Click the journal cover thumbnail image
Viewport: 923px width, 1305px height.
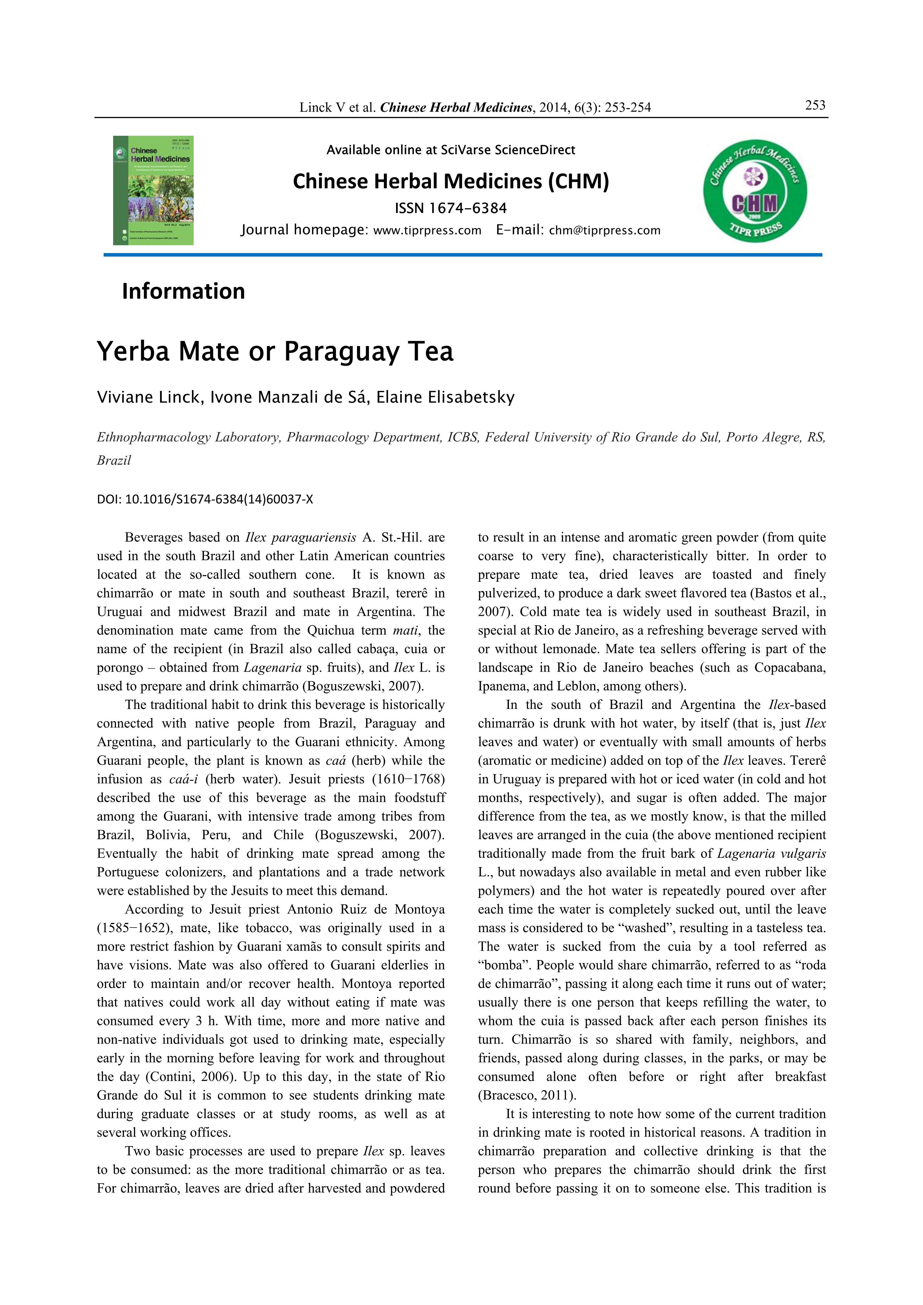click(154, 190)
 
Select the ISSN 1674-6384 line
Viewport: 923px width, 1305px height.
click(450, 208)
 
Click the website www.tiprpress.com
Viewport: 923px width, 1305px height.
click(427, 231)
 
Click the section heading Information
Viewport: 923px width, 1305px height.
click(183, 292)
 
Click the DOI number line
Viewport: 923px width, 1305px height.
click(205, 500)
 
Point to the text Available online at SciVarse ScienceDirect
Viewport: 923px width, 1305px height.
click(450, 150)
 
